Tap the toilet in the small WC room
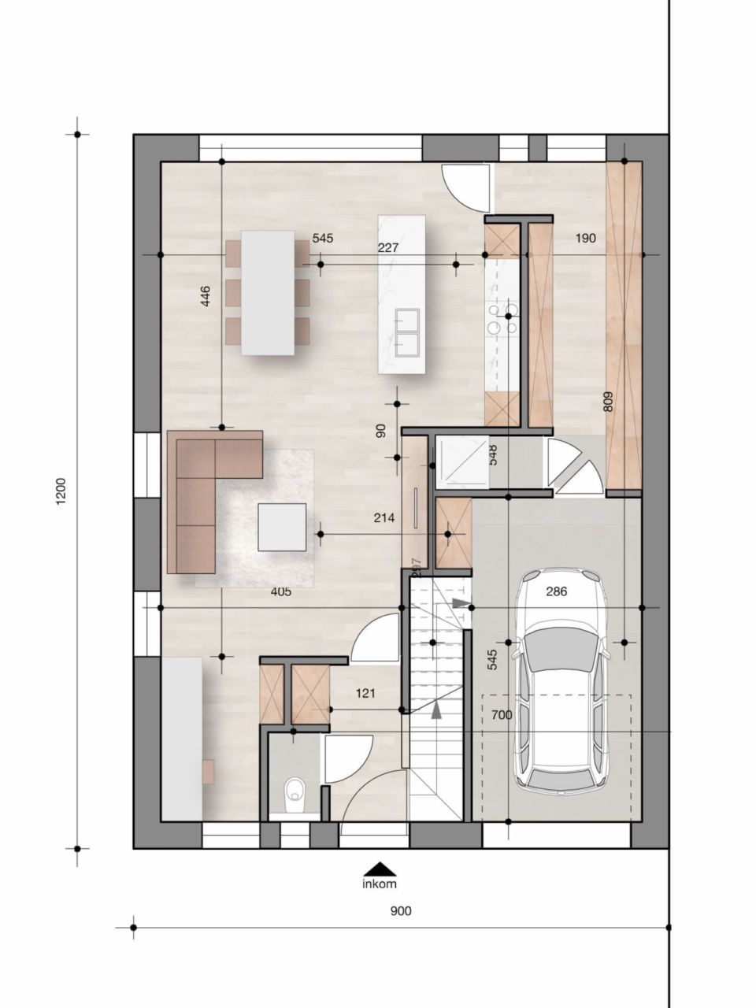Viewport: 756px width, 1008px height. pos(295,792)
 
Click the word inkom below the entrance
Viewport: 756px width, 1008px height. pos(380,884)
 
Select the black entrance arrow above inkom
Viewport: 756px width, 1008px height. pos(380,868)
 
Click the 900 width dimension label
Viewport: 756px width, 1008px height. pos(401,911)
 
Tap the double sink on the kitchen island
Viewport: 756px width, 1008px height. pos(407,332)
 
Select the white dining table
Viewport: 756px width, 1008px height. pos(268,291)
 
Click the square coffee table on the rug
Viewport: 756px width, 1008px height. pos(282,527)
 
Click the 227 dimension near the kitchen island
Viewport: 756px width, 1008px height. pos(388,247)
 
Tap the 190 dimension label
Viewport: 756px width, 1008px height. pos(585,238)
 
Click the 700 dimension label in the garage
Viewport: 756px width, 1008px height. pos(501,715)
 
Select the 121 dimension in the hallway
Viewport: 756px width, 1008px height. pos(365,694)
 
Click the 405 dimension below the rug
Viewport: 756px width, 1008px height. pos(280,591)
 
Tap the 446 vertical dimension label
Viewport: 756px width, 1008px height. pos(206,296)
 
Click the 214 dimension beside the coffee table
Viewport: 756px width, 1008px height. pos(384,518)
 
